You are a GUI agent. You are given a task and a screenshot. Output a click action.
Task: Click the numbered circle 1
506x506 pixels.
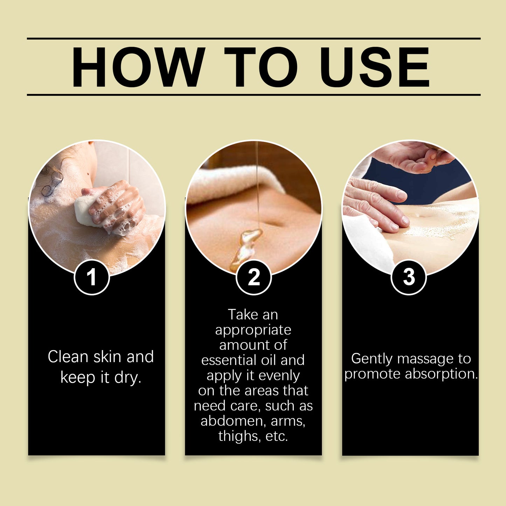pos(92,277)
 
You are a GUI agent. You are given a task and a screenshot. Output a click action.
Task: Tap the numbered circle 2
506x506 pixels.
pos(254,277)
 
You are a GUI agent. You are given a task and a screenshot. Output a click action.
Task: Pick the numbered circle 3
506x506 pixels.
pos(409,277)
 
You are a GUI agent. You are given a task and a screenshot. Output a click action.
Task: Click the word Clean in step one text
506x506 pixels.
pos(68,357)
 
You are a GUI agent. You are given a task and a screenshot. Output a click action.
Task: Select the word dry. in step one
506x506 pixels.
pos(128,377)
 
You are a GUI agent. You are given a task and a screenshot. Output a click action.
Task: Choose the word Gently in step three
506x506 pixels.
pos(372,359)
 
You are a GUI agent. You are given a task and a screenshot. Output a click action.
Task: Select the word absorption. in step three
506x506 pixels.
pos(441,374)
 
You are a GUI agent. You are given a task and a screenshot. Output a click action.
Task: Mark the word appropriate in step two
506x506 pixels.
pos(253,330)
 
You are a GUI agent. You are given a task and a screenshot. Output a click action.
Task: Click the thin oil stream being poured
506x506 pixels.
pos(257,182)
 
